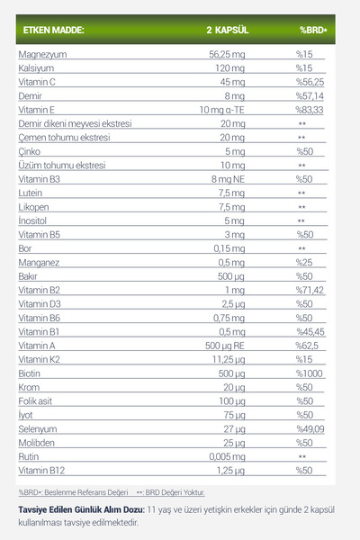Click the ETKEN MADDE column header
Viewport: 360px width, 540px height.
click(x=53, y=30)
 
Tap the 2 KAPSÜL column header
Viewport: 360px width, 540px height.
click(x=227, y=30)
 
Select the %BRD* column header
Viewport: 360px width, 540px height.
click(x=312, y=30)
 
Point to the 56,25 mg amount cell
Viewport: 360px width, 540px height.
click(x=226, y=55)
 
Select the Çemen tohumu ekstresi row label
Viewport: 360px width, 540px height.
click(x=62, y=138)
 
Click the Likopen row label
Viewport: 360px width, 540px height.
click(x=34, y=207)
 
